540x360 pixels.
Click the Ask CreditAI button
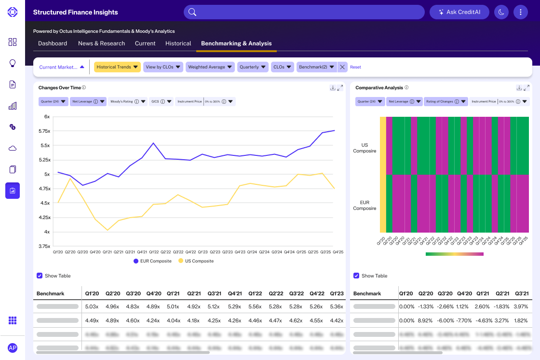pos(459,12)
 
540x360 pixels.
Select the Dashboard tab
pos(53,43)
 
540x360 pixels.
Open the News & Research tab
pos(101,43)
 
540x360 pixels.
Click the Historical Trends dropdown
pos(117,67)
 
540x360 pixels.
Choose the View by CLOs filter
pos(163,67)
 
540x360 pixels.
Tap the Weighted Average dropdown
pos(210,67)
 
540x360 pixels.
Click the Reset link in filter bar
pos(355,67)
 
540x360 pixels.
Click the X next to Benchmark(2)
pos(342,67)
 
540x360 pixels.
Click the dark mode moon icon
pos(501,12)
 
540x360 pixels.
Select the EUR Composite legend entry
pos(152,261)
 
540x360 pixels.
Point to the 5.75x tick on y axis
pos(44,131)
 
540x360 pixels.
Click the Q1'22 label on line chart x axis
pos(154,252)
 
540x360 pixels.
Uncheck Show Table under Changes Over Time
pos(40,276)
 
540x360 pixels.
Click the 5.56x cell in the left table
pos(255,306)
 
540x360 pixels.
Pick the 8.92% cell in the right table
pos(425,320)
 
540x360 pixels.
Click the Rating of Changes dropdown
pos(446,101)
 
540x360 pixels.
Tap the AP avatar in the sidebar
pos(13,348)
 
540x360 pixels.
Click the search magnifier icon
pos(192,12)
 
